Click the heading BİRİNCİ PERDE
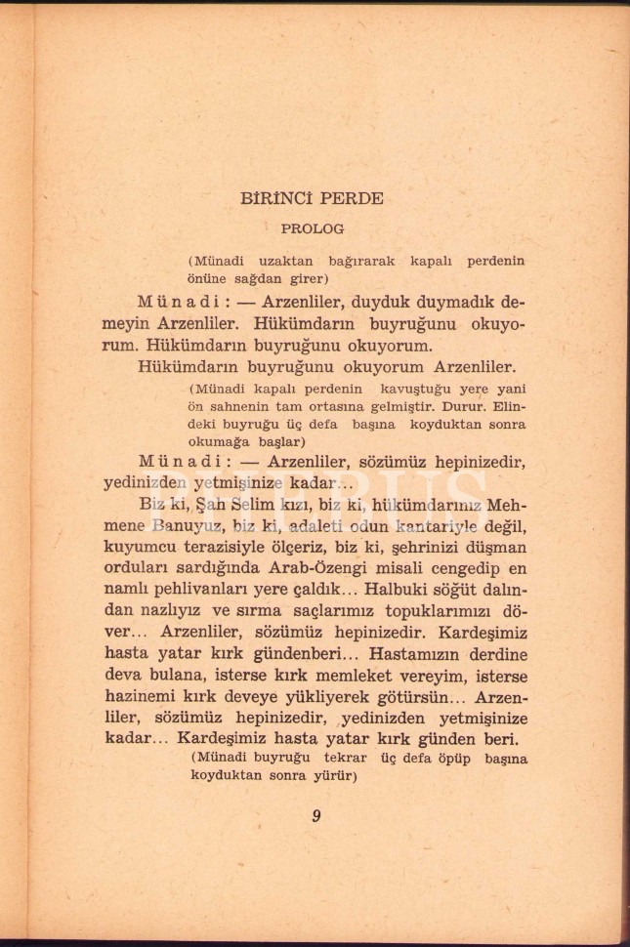[x=311, y=197]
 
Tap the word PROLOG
[x=312, y=229]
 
